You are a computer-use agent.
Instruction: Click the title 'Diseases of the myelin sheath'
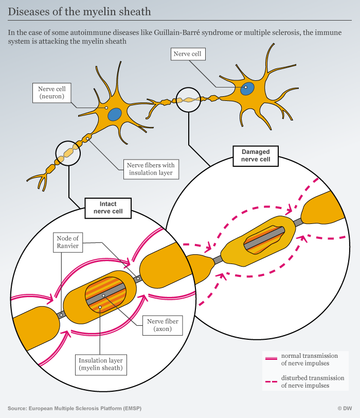pyautogui.click(x=79, y=12)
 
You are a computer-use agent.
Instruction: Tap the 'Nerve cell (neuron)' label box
pyautogui.click(x=51, y=93)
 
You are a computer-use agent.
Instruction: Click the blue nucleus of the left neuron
pyautogui.click(x=115, y=114)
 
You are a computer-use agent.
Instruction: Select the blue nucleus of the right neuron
pyautogui.click(x=247, y=89)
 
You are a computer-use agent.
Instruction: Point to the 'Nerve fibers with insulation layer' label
pyautogui.click(x=151, y=169)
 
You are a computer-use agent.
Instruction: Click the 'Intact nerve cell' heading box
pyautogui.click(x=108, y=208)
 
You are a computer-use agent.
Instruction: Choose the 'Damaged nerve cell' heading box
pyautogui.click(x=256, y=156)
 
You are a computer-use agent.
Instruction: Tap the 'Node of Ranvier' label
pyautogui.click(x=68, y=242)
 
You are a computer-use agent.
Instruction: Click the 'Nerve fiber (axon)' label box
pyautogui.click(x=163, y=325)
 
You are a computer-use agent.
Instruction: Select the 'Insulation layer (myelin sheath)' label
pyautogui.click(x=101, y=364)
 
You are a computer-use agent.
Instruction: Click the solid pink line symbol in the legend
pyautogui.click(x=272, y=359)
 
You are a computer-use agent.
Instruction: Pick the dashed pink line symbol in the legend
pyautogui.click(x=272, y=382)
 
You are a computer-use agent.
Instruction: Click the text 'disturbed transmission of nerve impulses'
pyautogui.click(x=313, y=382)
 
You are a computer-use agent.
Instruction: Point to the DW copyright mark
pyautogui.click(x=345, y=408)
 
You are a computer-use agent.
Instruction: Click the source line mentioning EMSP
pyautogui.click(x=75, y=408)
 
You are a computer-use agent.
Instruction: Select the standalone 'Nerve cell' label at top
pyautogui.click(x=188, y=54)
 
